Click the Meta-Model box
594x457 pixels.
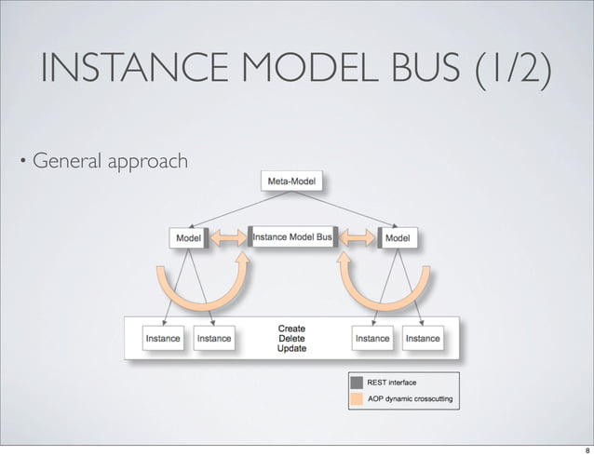point(291,181)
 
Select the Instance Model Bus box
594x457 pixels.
point(291,238)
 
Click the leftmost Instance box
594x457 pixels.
point(162,338)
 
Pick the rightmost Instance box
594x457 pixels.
point(422,338)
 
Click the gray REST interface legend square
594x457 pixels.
point(357,382)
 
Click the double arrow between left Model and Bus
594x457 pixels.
point(228,239)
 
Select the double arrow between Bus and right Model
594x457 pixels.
point(359,239)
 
